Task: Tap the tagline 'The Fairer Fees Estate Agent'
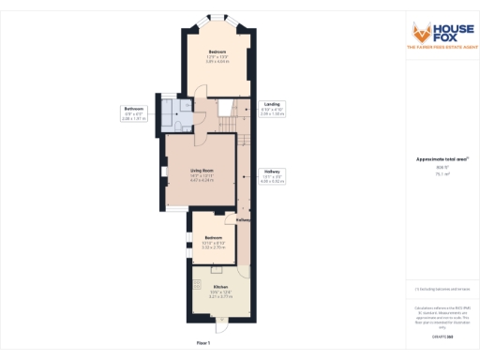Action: pos(443,47)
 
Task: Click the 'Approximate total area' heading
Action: pos(442,159)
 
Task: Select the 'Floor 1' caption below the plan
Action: pos(203,344)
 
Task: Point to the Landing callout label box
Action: pos(272,108)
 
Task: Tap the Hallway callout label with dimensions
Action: pos(272,175)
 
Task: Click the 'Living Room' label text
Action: pos(189,171)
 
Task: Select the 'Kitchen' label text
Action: pos(220,287)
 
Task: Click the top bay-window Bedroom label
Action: pos(217,52)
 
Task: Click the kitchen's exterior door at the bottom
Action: pos(220,326)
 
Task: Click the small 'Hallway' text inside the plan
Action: pos(243,220)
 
